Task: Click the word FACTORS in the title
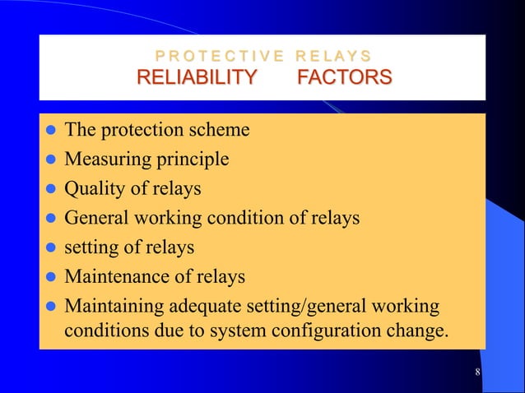(x=344, y=78)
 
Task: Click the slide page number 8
(x=478, y=375)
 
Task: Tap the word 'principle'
(x=187, y=159)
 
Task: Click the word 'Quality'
(x=92, y=188)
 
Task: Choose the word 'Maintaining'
(x=114, y=307)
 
